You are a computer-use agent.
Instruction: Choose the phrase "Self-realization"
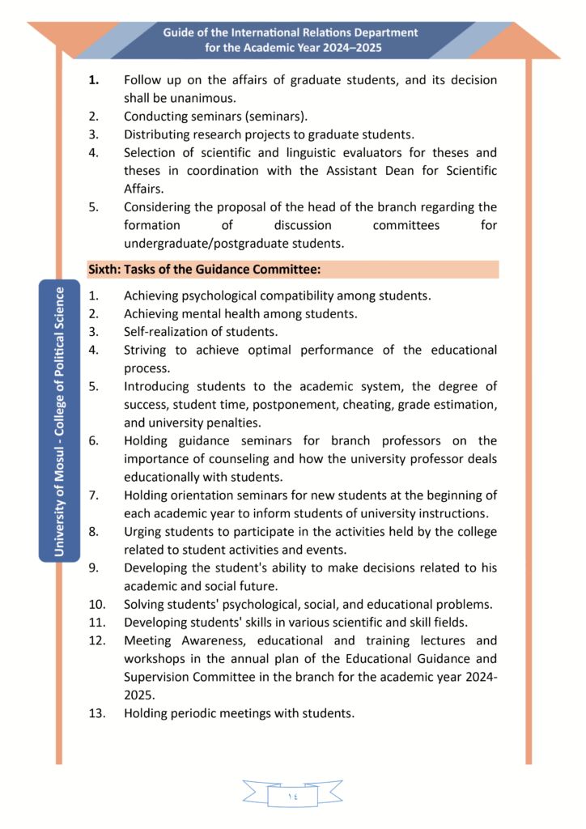(168, 331)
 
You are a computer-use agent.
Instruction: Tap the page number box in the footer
(292, 796)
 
